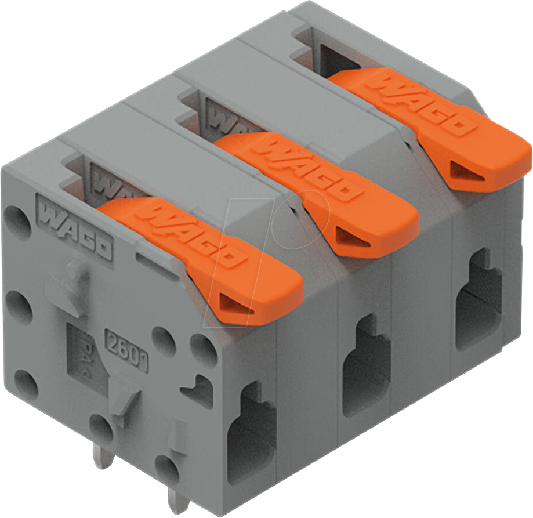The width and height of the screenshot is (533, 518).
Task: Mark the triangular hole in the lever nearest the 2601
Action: click(x=238, y=303)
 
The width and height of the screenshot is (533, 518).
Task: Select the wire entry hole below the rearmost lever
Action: click(x=478, y=302)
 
